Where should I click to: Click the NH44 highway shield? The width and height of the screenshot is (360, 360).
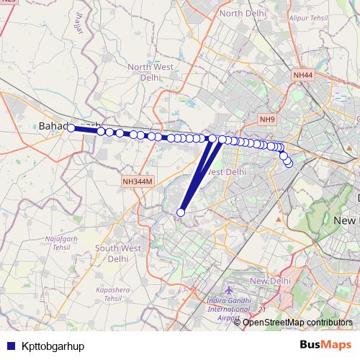point(303,75)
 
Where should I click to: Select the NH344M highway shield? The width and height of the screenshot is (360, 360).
point(138,183)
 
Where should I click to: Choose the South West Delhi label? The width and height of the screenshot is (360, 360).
point(121,253)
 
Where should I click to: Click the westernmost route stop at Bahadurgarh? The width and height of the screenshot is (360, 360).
point(71,128)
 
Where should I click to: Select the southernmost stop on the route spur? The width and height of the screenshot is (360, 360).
point(181,212)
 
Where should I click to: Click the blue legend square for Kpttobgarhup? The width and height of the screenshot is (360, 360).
point(10,346)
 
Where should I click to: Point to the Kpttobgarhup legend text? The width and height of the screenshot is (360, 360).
point(53,346)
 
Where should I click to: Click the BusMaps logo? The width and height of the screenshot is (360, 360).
point(325,345)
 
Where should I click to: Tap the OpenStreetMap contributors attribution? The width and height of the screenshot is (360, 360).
point(297,323)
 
